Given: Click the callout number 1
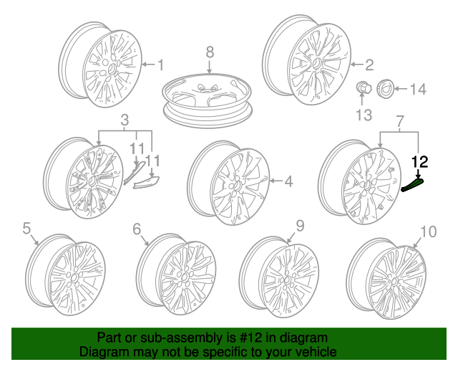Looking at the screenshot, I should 160,65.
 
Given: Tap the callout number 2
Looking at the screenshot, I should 369,65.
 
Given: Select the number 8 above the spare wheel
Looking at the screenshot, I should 210,52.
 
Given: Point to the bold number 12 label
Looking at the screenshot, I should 419,162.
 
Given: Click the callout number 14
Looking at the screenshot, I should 417,90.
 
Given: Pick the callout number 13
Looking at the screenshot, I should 364,115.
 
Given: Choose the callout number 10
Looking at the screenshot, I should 428,231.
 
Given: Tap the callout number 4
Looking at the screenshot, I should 288,182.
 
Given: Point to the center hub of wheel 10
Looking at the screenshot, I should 390,277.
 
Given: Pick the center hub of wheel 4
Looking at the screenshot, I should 235,186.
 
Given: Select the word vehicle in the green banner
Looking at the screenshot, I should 316,352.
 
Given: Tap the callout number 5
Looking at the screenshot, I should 26,229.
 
